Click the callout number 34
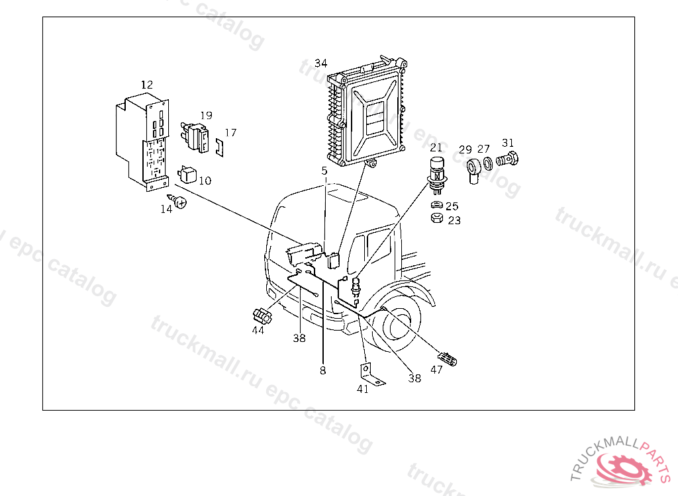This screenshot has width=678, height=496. point(321,63)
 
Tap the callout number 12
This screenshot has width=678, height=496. point(147,85)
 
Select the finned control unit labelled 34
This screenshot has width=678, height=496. point(367,112)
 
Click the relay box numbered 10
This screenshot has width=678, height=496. point(187,174)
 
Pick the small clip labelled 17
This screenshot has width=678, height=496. point(220,147)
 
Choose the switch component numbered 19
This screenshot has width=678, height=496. point(195,136)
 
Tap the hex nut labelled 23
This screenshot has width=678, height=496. point(437,218)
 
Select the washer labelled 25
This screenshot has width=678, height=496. point(437,204)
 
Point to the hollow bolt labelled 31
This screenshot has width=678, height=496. point(507,159)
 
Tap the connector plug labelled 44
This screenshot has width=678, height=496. point(262,316)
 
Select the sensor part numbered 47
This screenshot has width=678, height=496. point(448,358)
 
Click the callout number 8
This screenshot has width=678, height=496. point(323,370)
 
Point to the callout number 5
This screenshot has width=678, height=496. point(324,171)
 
